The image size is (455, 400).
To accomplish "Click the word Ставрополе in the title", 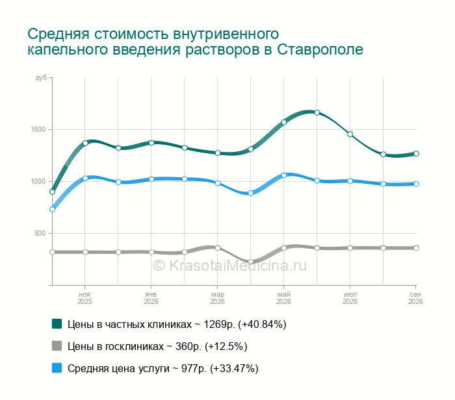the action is (x=320, y=49).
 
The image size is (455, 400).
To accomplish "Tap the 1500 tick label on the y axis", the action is (x=38, y=130).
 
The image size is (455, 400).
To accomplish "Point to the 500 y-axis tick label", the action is (x=40, y=233).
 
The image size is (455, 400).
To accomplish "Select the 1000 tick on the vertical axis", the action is (x=38, y=181).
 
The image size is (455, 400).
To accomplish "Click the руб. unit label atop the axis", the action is (x=42, y=78).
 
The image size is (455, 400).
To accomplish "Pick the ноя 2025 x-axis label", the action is (x=84, y=298).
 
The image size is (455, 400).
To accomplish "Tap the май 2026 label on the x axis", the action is (x=284, y=298).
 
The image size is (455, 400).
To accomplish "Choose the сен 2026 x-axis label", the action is (x=415, y=298).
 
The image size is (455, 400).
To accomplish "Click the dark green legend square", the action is (x=57, y=324).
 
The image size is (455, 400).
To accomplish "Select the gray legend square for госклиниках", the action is (x=57, y=346).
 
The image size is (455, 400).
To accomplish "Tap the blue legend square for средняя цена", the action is (x=57, y=368).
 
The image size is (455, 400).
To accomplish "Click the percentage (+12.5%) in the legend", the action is (x=226, y=346).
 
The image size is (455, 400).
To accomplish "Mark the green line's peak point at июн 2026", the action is (x=317, y=112).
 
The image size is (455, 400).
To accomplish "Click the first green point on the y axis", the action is (x=52, y=192).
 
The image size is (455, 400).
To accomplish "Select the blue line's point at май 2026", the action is (x=284, y=175).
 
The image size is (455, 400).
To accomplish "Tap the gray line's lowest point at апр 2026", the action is (x=251, y=262).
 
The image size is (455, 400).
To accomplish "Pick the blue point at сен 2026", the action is (x=416, y=184).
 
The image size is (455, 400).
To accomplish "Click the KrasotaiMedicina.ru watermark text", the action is (x=230, y=266).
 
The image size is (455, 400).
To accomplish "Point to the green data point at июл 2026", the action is (x=350, y=134).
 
